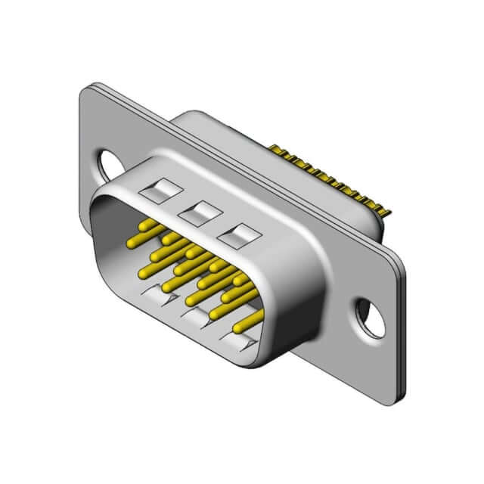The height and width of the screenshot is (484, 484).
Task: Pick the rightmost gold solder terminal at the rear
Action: pos(387,212)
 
